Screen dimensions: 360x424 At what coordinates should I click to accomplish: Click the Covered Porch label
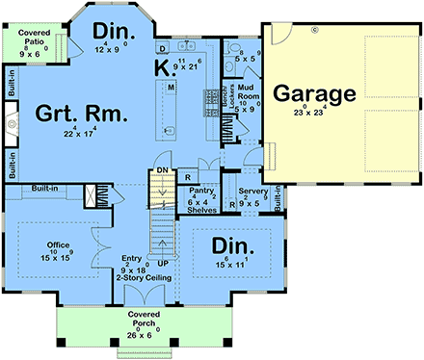pos(144,320)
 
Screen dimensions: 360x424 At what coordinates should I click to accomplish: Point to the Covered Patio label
pos(35,38)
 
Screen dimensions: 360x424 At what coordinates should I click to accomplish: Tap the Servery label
pos(252,192)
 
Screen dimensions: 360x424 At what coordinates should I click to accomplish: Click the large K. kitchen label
pos(165,66)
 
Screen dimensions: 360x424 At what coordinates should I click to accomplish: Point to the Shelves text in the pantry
pos(202,210)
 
